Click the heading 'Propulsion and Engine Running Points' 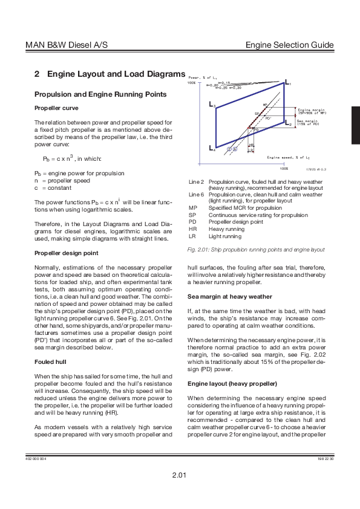tap(99, 94)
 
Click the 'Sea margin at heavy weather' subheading tap(230, 296)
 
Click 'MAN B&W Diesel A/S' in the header tap(67, 46)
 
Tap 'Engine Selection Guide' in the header tap(290, 46)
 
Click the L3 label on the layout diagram tap(212, 106)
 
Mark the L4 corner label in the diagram tap(212, 148)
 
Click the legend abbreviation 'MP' tap(193, 207)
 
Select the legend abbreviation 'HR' tap(193, 230)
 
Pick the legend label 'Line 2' tap(196, 181)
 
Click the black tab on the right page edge tap(355, 116)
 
